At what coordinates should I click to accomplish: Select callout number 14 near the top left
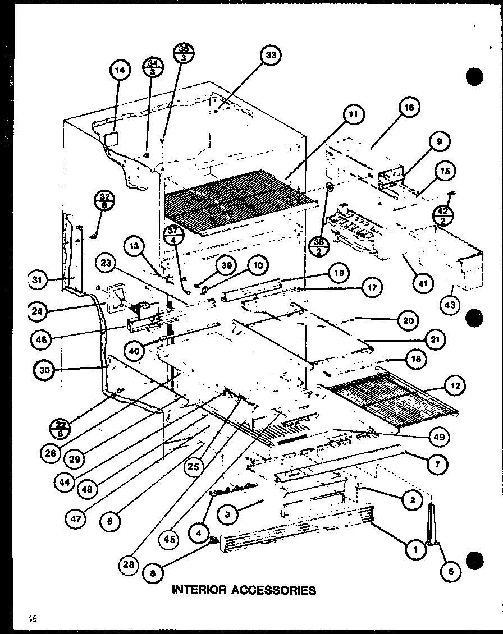120,71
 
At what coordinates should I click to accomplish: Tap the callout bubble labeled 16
410,108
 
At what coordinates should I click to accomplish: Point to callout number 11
353,116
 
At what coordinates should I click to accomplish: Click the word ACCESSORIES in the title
276,590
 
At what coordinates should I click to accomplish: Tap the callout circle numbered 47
77,519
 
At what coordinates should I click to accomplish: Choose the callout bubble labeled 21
436,339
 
